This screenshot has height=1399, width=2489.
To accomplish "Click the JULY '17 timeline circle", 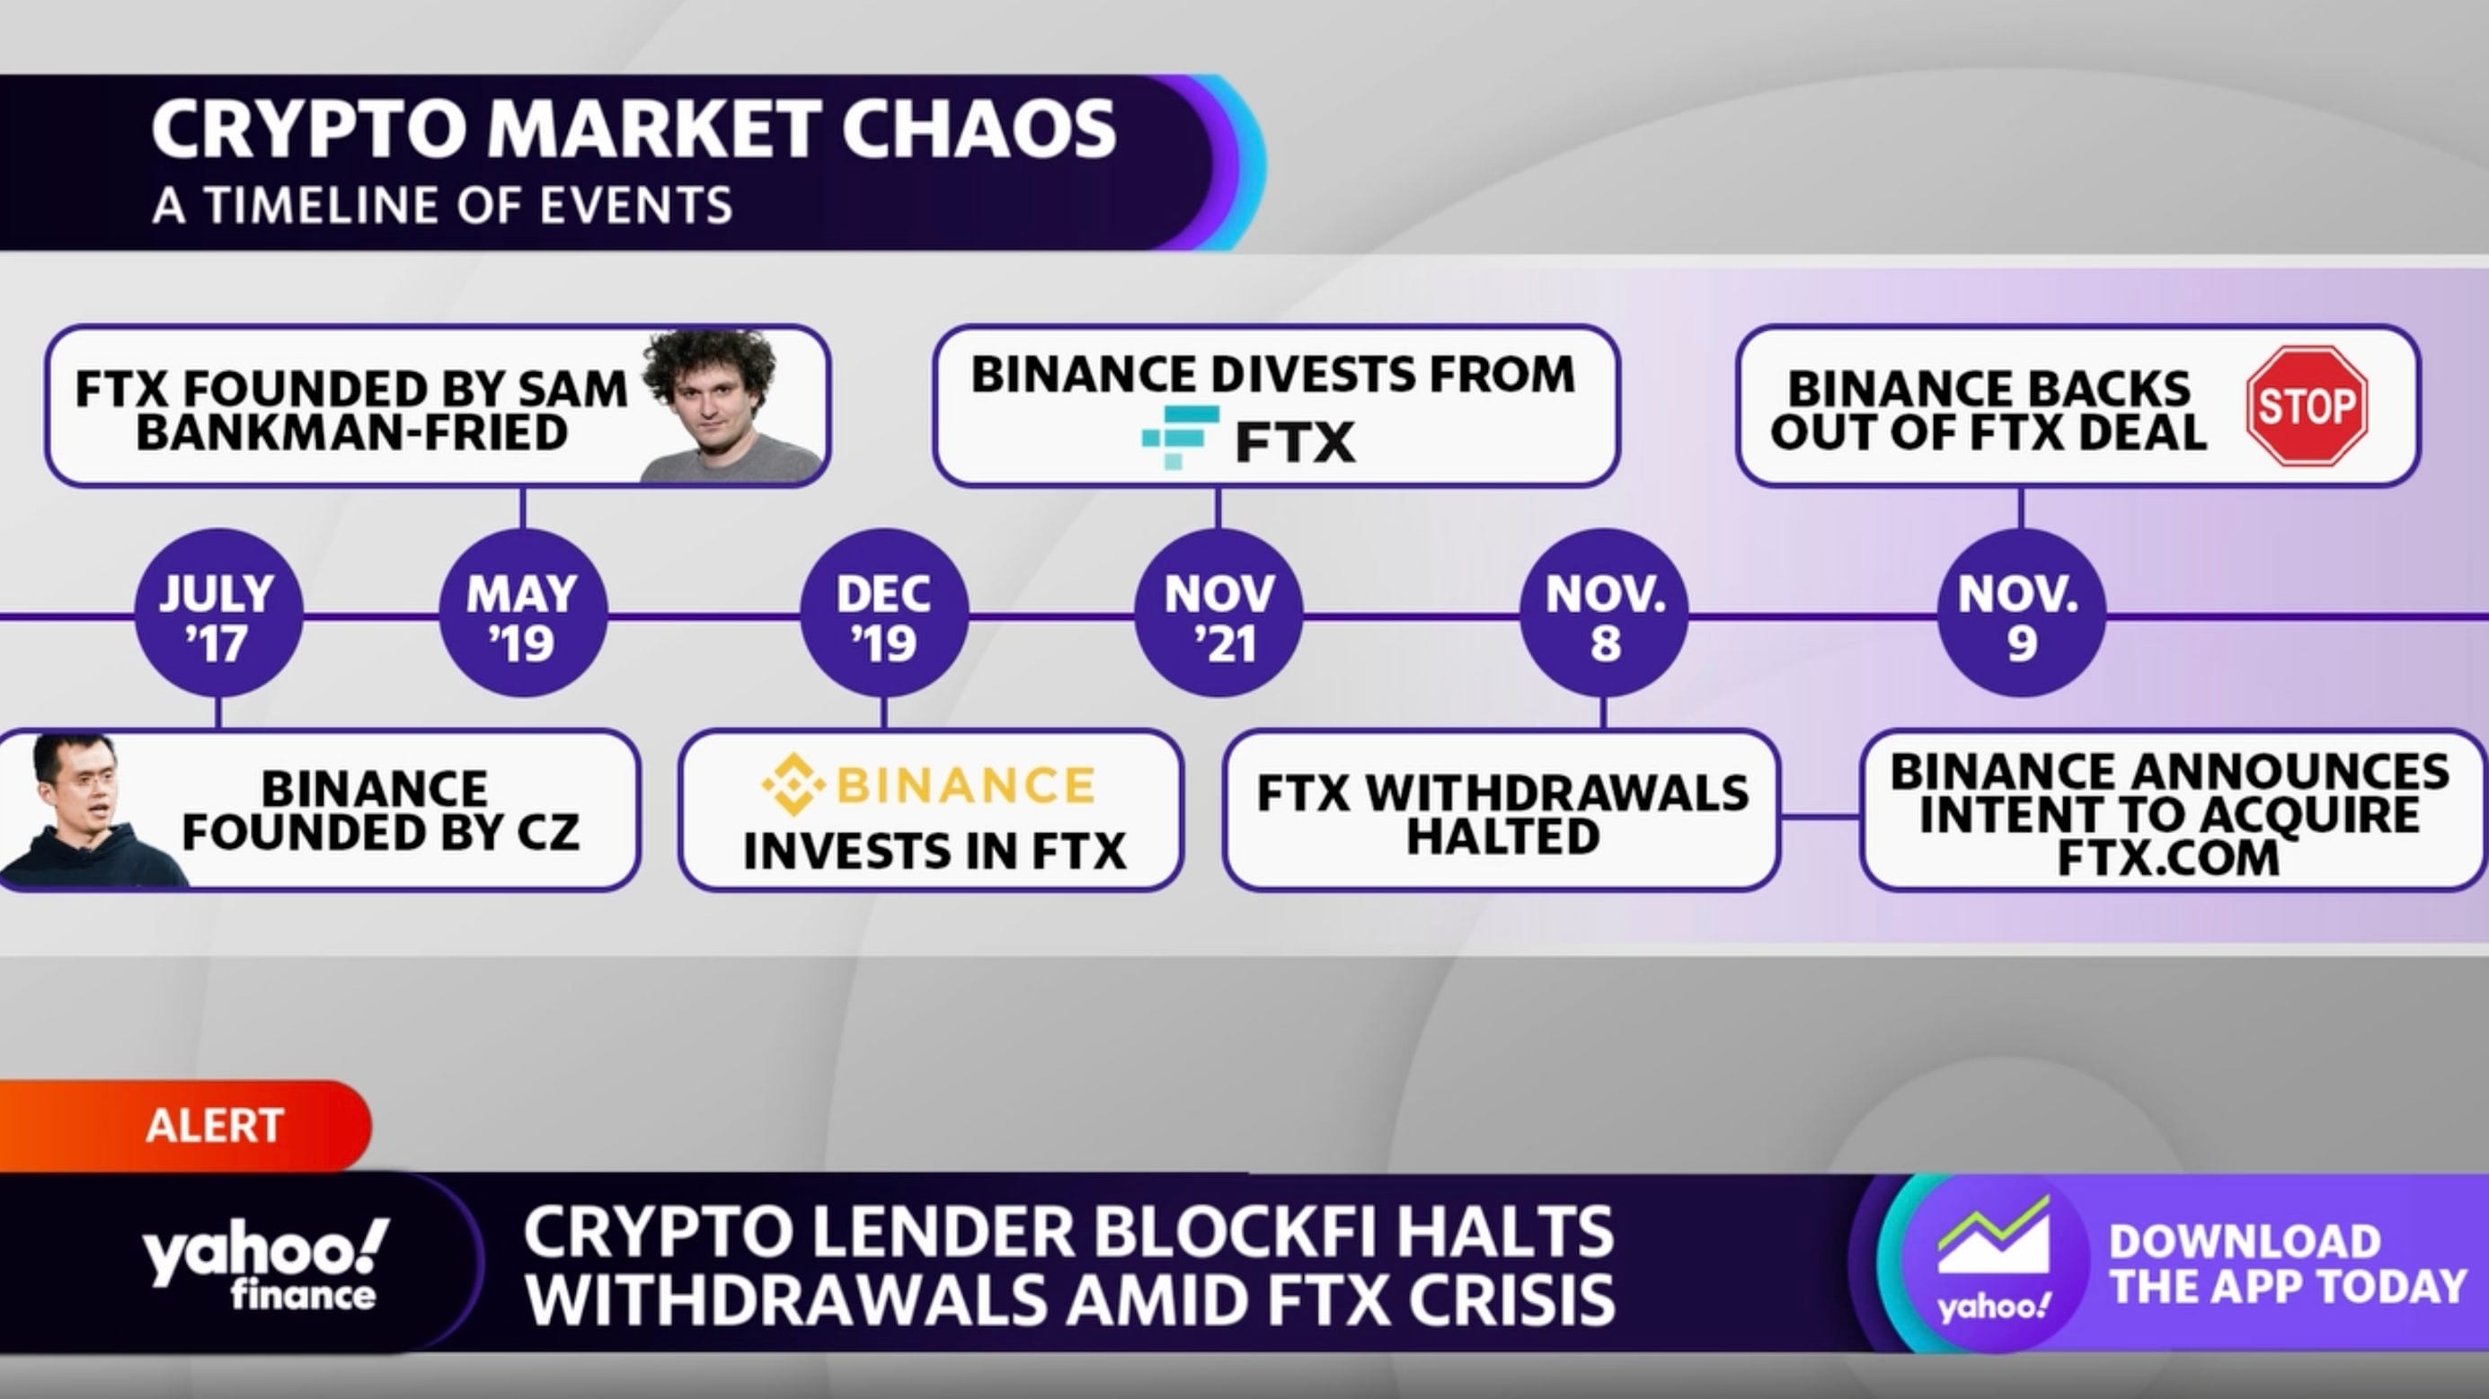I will pos(217,614).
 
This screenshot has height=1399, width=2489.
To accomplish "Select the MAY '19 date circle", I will pos(523,614).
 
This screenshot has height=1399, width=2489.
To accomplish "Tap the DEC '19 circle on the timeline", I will pos(884,614).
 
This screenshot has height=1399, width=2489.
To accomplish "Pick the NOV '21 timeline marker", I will pos(1218,614).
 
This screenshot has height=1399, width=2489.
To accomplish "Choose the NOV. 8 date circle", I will pos(1604,614).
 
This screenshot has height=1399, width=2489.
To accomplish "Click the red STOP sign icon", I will pos(2307,406).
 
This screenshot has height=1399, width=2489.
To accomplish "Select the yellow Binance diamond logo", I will pos(793,784).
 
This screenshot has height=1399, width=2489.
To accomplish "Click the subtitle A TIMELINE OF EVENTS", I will pos(442,206).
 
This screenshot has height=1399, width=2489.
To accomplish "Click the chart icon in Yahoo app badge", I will pos(1992,1240).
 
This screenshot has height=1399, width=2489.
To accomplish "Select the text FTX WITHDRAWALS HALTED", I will pos(1501,813).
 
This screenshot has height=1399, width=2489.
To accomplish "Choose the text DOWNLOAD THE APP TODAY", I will pos(2286,1263).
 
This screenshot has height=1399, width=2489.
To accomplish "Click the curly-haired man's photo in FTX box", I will pos(724,406).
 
